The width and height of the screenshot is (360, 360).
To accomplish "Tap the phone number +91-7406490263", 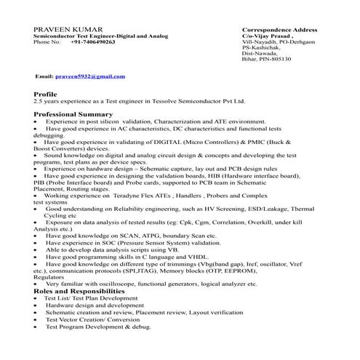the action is pos(93,42).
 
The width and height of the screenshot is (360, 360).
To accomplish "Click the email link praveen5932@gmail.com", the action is pos(91,76).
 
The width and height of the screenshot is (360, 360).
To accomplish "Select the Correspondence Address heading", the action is pos(279,29).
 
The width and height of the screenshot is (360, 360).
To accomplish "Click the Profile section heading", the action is pos(45,95).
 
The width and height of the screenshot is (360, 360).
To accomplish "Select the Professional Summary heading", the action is pos(73,114).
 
